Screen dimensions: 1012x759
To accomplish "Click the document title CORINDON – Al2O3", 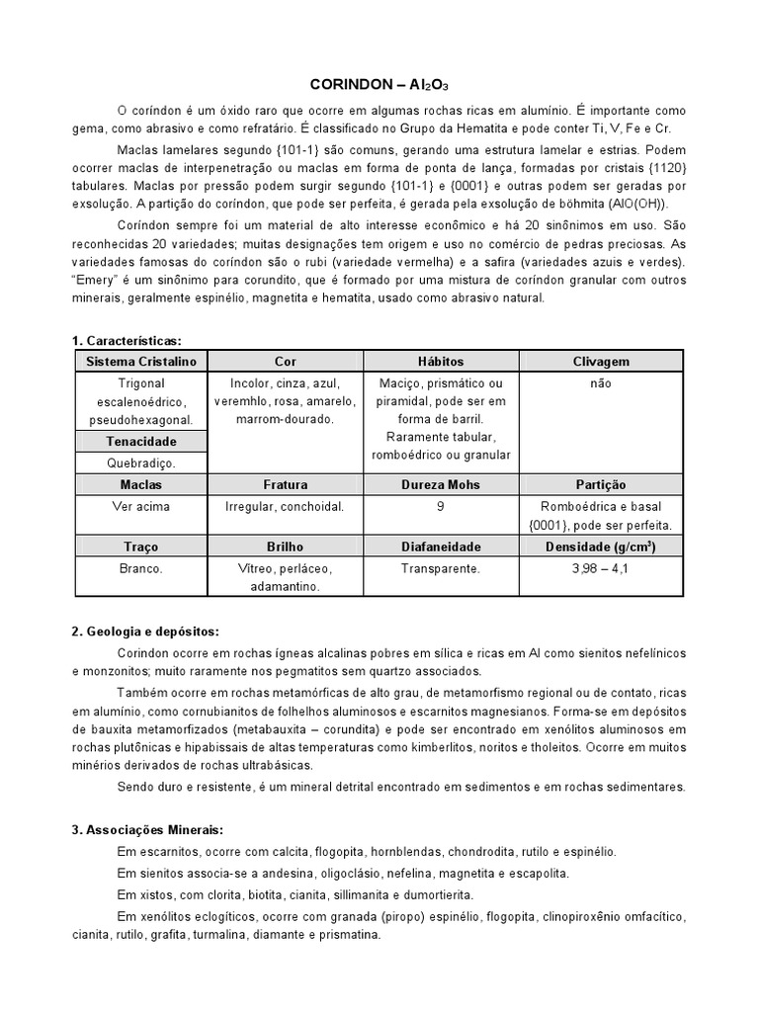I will click(x=379, y=85).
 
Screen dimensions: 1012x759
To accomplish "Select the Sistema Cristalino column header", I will click(x=140, y=362).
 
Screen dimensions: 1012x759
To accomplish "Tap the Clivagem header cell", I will click(x=600, y=362).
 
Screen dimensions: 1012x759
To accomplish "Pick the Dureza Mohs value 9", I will click(x=440, y=506).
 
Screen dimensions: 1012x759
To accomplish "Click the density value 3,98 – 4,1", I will click(x=600, y=568).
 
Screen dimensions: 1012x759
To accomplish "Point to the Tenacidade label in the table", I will click(x=140, y=441).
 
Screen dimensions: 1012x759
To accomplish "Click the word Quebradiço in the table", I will click(x=140, y=462).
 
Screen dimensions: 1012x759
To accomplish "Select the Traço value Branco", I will click(x=140, y=568).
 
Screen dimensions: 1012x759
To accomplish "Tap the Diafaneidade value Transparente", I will click(x=440, y=568).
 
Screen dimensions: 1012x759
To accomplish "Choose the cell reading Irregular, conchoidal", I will click(x=285, y=506).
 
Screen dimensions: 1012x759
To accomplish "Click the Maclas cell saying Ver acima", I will click(x=140, y=506).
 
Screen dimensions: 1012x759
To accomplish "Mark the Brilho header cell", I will click(x=285, y=546).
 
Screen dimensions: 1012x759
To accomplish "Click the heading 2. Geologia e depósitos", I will click(x=145, y=632).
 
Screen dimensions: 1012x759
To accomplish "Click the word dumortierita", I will click(x=433, y=893).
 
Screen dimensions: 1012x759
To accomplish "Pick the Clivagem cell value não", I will click(x=600, y=382).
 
